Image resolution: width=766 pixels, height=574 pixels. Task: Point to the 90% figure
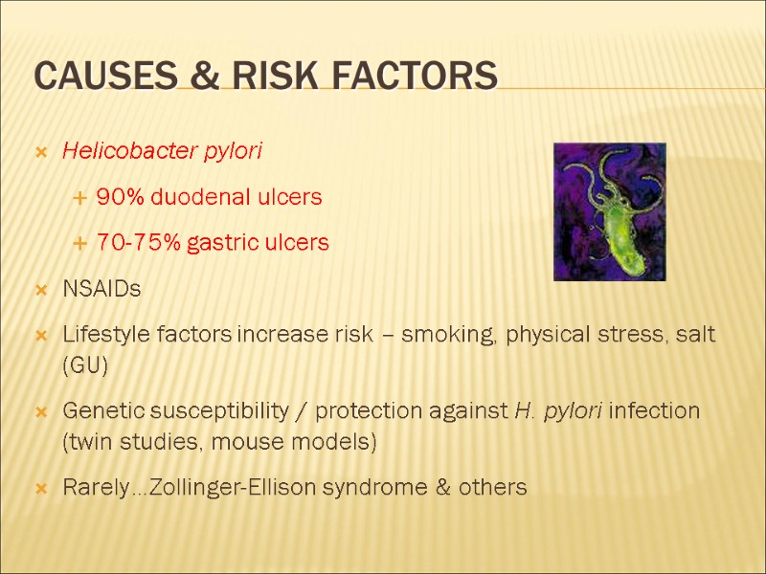pyautogui.click(x=119, y=197)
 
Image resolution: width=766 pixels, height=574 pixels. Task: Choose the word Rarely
pyautogui.click(x=94, y=488)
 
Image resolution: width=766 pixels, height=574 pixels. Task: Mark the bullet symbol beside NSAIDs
pyautogui.click(x=42, y=289)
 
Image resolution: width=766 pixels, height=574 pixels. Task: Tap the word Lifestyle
pyautogui.click(x=101, y=335)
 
